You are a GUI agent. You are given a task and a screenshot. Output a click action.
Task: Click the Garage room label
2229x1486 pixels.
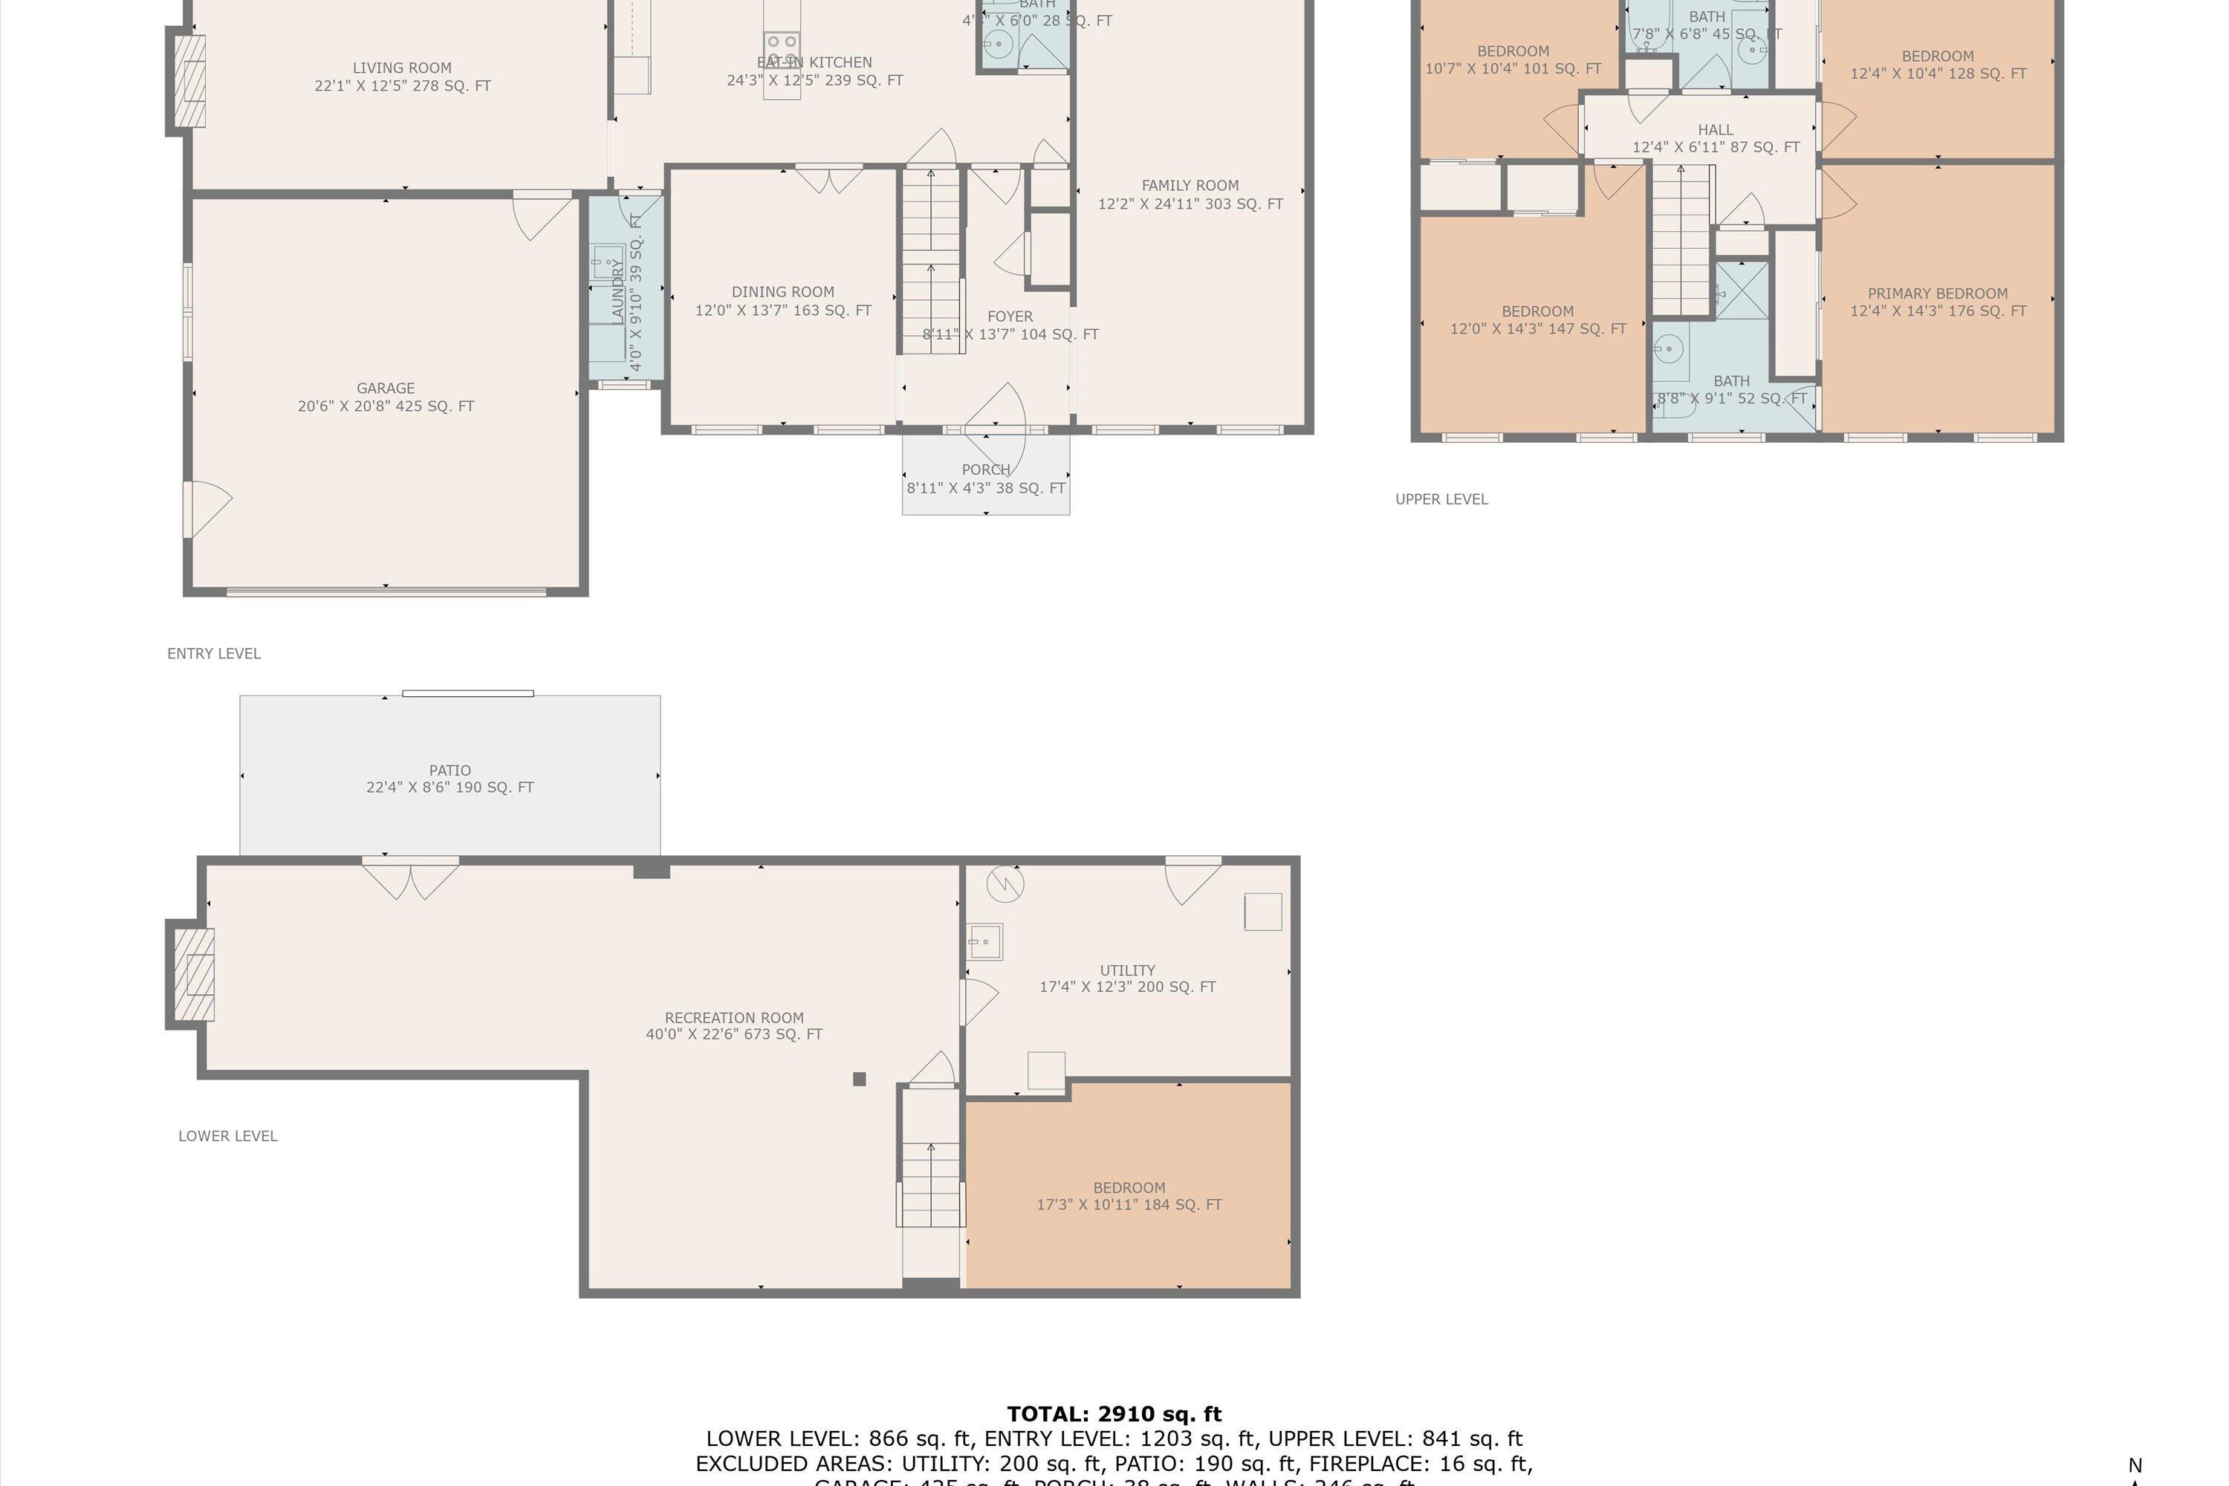[386, 389]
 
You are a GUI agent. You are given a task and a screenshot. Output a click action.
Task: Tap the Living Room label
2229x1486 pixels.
[402, 68]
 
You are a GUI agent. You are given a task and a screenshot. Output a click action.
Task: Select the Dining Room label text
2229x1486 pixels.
[783, 292]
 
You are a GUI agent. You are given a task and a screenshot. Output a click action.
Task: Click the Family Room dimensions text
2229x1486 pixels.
[1190, 204]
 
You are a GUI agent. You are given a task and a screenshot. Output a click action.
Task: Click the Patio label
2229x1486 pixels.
[450, 770]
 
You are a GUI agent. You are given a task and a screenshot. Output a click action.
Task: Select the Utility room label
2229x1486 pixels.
[1127, 970]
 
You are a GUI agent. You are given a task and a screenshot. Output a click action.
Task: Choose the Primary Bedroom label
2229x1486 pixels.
[1937, 293]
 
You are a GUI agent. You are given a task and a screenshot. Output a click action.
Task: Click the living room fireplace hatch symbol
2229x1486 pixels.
[192, 82]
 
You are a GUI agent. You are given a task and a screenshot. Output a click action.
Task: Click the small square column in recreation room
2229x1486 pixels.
[859, 1079]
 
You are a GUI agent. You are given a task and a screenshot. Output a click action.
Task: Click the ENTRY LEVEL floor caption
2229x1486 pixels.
[213, 654]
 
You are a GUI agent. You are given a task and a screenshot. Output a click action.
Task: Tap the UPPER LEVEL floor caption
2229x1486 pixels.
[1441, 499]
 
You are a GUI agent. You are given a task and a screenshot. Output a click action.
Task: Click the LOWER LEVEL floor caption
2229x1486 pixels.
[227, 1136]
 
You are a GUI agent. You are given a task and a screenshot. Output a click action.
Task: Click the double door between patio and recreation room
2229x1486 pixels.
[410, 877]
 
